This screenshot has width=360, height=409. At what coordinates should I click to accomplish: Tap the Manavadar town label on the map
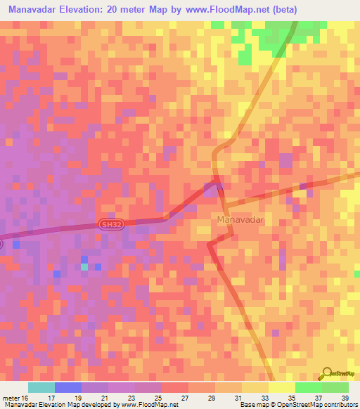pyautogui.click(x=240, y=220)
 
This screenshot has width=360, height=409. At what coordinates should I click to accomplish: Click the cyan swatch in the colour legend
pyautogui.click(x=41, y=387)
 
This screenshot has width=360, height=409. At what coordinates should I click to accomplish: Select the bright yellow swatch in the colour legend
pyautogui.click(x=282, y=387)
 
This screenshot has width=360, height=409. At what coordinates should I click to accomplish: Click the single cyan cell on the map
pyautogui.click(x=84, y=267)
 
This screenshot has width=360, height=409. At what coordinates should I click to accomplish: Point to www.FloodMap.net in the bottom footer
pyautogui.click(x=150, y=405)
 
